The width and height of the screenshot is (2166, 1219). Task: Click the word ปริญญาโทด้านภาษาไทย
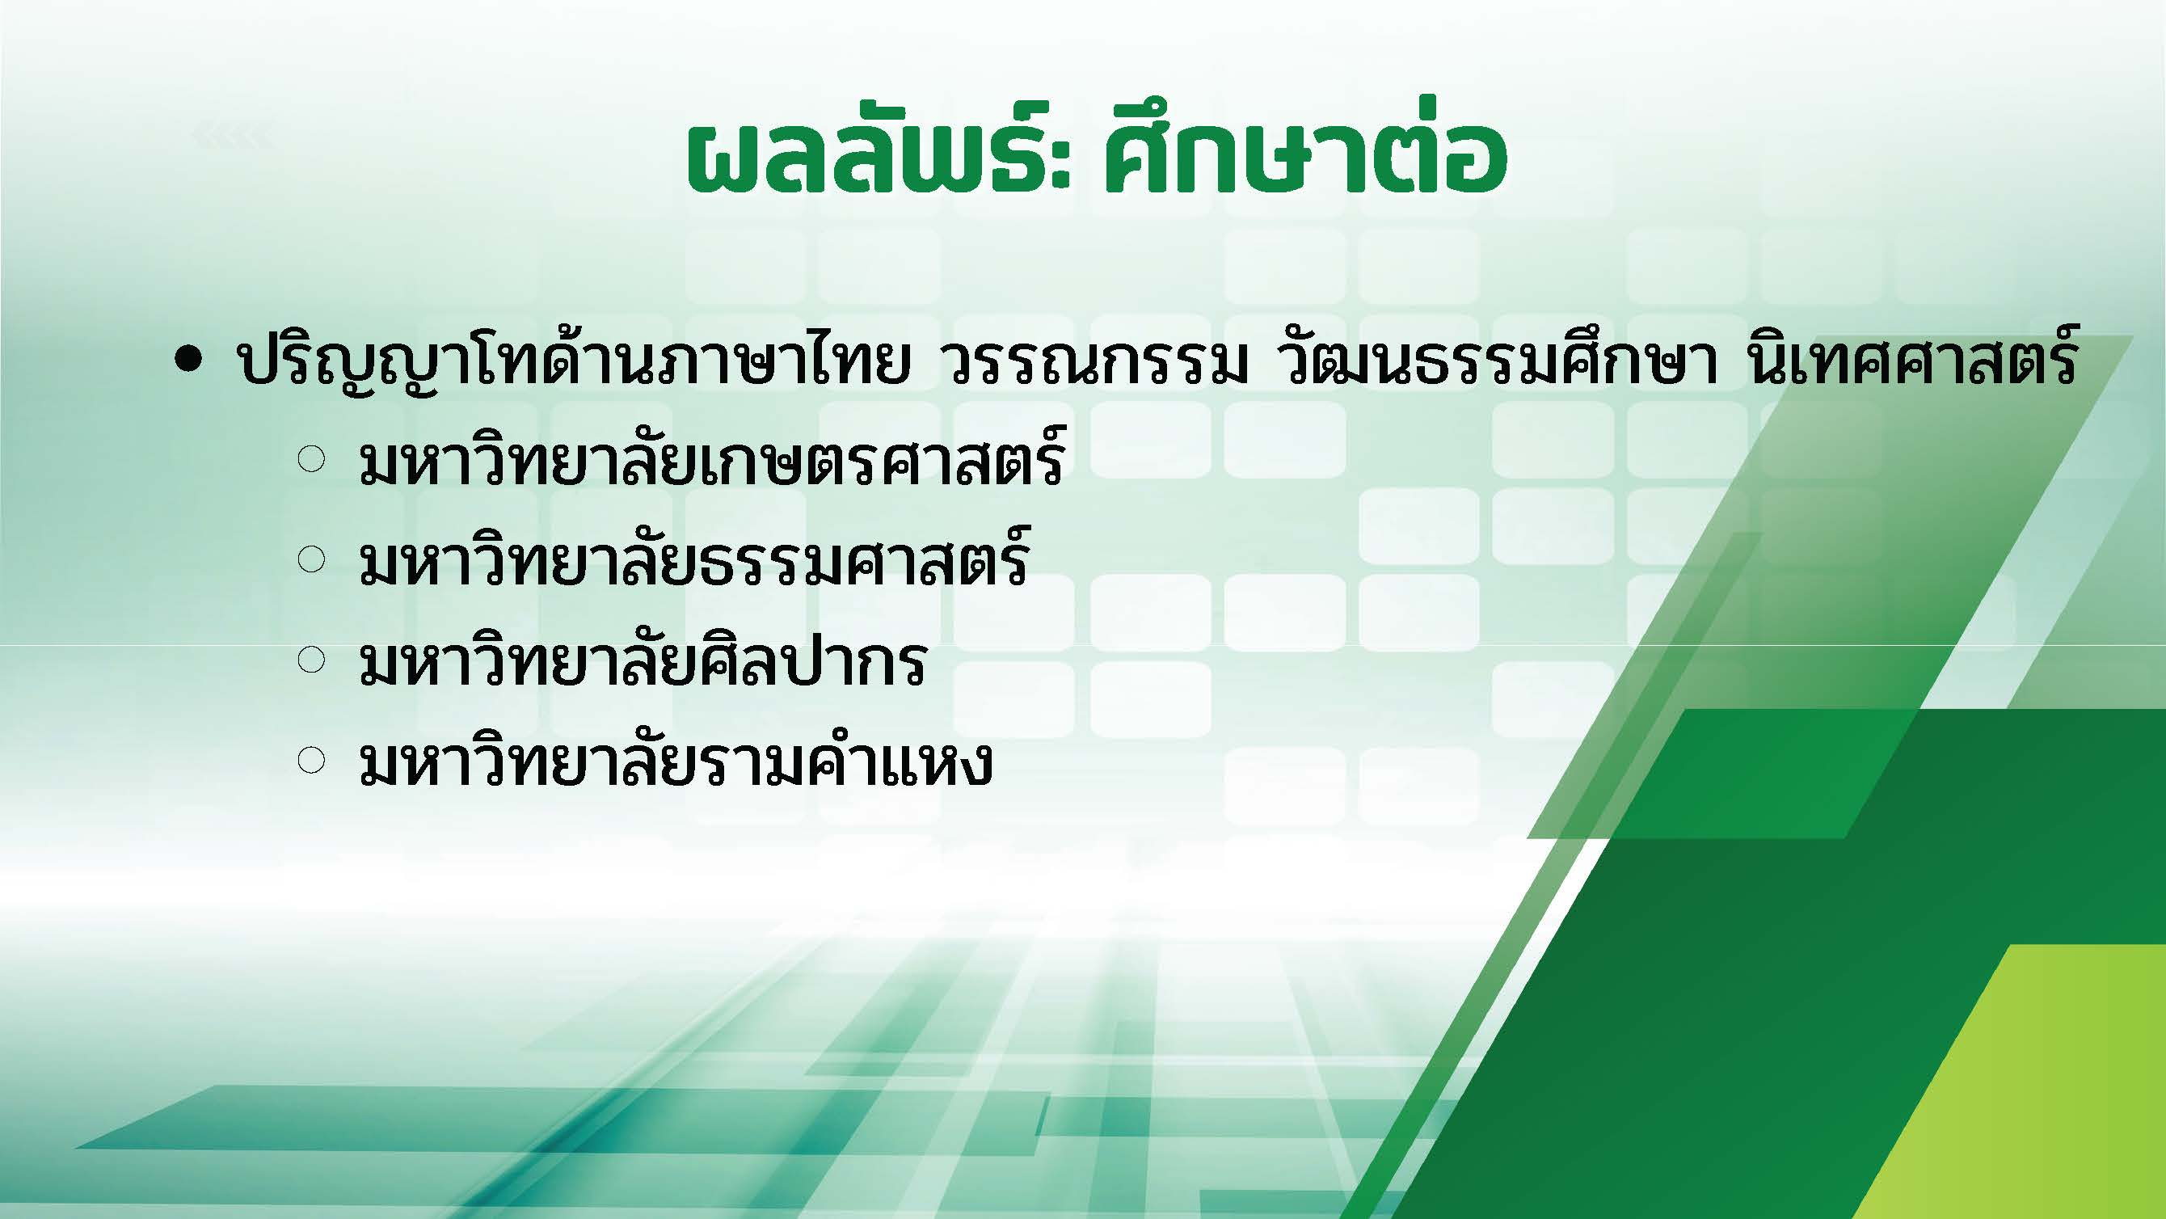point(575,364)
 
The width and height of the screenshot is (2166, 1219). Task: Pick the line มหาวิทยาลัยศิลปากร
point(643,660)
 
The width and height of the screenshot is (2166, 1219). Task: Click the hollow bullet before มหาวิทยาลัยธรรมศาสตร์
point(311,560)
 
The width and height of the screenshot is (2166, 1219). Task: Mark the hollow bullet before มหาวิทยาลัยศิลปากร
point(311,660)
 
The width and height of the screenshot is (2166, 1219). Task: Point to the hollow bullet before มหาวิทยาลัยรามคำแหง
point(311,761)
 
